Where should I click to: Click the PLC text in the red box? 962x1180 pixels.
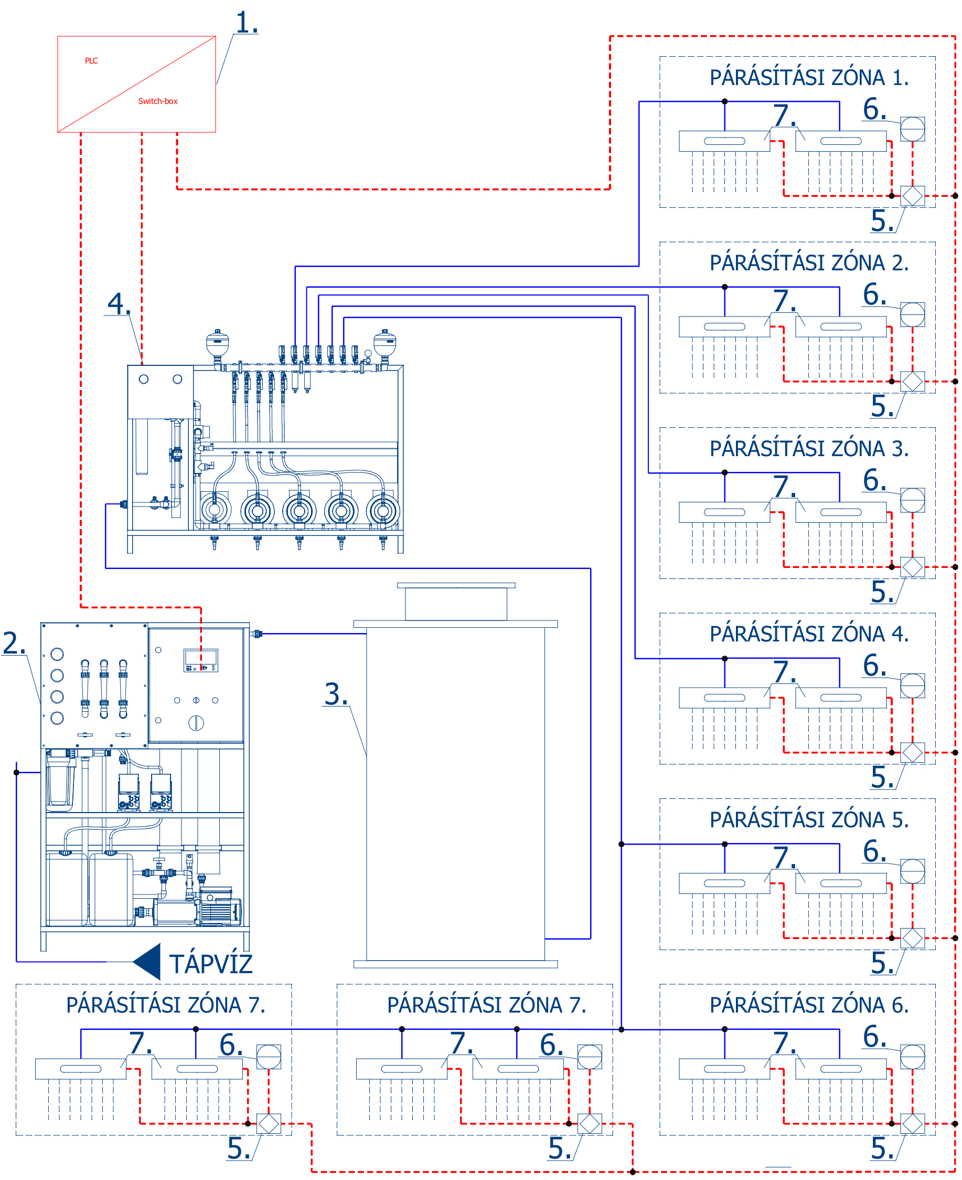point(91,61)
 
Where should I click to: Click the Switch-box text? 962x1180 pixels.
point(158,101)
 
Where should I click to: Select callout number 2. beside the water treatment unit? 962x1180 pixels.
point(14,644)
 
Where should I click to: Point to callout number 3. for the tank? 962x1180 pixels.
point(336,694)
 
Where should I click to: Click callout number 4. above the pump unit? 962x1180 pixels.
point(119,304)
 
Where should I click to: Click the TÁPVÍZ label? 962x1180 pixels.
point(210,964)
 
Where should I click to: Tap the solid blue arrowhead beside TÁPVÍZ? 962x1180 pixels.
point(147,962)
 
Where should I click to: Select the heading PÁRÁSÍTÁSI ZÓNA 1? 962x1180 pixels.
point(809,78)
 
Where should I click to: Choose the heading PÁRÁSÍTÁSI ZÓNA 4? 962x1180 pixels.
point(809,634)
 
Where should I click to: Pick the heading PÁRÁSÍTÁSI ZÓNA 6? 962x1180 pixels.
point(809,1005)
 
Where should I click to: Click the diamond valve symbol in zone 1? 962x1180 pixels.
point(912,196)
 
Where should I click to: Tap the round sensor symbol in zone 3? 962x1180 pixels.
point(912,500)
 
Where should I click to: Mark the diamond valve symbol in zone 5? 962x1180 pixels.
point(912,938)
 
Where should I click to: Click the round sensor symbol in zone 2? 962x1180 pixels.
point(912,314)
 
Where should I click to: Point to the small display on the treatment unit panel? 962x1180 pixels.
point(200,660)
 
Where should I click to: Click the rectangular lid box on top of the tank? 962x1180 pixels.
point(456,602)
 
